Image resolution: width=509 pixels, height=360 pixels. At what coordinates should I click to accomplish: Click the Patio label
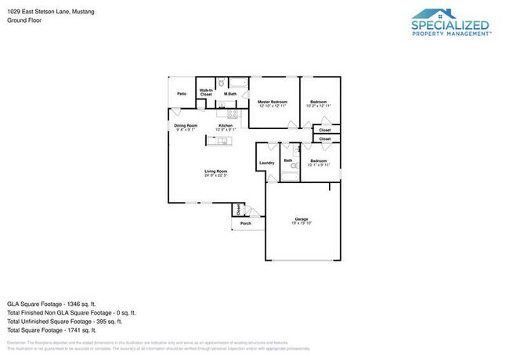[182, 94]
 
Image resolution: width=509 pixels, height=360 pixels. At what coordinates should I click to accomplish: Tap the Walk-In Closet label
[205, 92]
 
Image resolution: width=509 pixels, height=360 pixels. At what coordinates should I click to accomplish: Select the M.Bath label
[230, 94]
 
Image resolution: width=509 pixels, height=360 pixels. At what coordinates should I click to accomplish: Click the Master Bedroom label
[273, 103]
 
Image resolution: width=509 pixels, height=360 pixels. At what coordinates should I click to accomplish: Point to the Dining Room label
[186, 125]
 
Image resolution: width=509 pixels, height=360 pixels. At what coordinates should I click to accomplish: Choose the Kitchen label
[226, 125]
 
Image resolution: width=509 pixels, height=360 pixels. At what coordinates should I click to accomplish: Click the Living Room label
[215, 171]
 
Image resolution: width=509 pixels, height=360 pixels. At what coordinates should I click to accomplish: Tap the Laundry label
[266, 163]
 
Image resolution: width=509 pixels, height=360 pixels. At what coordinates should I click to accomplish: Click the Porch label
[246, 223]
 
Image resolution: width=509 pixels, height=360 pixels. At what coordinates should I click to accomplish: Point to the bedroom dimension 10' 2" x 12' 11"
[318, 106]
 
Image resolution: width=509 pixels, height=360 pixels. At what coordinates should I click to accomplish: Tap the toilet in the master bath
[221, 82]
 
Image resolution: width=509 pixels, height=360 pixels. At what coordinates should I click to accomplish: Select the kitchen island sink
[220, 142]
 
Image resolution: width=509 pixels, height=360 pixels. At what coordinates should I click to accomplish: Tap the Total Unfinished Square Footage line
[64, 321]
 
